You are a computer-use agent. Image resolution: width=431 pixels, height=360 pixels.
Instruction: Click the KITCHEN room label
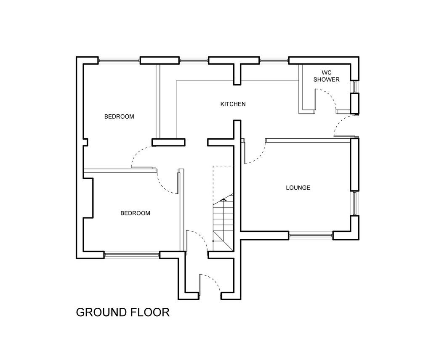(x=233, y=104)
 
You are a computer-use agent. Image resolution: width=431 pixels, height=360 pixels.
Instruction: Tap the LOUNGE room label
(x=298, y=188)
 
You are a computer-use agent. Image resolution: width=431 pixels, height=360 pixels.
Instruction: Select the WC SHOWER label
(x=327, y=76)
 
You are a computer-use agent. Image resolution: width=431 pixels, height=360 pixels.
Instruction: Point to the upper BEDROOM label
(x=119, y=116)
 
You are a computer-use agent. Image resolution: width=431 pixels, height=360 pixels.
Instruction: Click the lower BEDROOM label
(x=135, y=213)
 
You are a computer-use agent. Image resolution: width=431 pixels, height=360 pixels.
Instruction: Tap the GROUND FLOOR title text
(x=122, y=312)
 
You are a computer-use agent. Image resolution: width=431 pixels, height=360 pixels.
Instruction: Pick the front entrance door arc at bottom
(x=214, y=281)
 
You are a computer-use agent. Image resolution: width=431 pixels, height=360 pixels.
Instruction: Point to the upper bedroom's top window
(x=119, y=61)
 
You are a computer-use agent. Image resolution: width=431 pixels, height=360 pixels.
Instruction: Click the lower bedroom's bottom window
(x=132, y=255)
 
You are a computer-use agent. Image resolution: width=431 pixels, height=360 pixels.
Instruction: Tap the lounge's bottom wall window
(x=311, y=236)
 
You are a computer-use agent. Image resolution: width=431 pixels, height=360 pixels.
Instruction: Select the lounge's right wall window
(x=354, y=203)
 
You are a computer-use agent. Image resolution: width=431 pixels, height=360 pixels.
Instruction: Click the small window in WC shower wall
(x=354, y=87)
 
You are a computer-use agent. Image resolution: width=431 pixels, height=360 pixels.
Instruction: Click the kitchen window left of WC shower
(x=274, y=61)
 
